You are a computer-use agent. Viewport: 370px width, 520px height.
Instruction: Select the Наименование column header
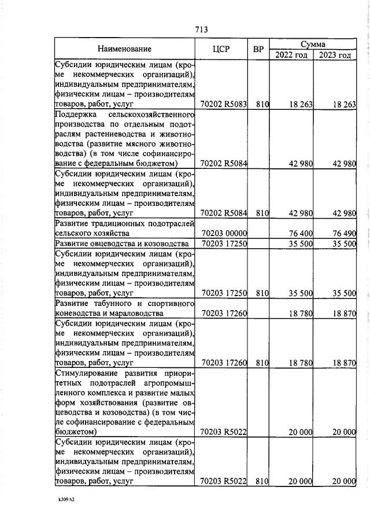point(124,49)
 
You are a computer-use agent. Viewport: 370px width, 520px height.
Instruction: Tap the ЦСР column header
point(222,49)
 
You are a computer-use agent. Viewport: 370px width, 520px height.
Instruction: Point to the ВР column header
point(258,49)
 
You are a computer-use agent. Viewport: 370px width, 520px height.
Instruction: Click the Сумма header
point(313,44)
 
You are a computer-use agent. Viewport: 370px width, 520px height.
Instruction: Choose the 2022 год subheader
point(291,55)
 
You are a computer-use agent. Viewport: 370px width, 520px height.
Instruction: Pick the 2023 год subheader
point(335,55)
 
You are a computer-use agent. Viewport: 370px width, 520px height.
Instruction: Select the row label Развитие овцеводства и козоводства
point(122,244)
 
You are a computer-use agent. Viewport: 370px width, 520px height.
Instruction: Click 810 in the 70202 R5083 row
point(263,105)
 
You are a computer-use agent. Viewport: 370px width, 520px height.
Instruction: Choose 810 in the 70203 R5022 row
point(263,481)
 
